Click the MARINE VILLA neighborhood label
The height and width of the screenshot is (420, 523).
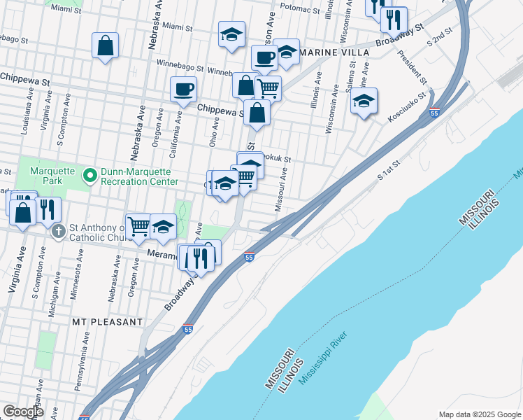coord(329,52)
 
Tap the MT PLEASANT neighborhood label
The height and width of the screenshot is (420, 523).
coord(107,321)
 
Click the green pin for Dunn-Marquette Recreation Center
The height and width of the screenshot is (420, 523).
coord(89,175)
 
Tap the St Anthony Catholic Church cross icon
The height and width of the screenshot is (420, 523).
coord(59,230)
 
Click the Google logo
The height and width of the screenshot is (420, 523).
coord(23,412)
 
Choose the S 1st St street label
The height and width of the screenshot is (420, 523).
coord(389,171)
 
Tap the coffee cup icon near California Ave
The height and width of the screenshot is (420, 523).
coord(183,89)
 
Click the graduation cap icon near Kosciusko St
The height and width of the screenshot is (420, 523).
coord(364,101)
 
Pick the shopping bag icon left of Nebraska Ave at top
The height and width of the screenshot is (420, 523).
coord(104,45)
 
